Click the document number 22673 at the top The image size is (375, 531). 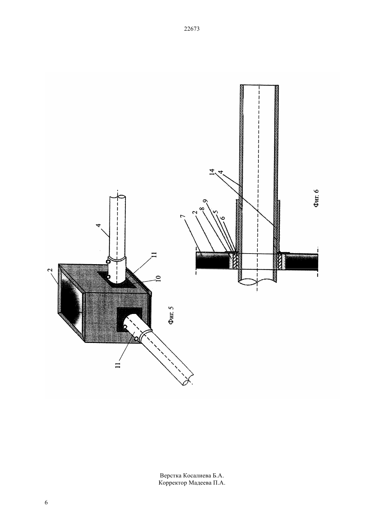coord(192,29)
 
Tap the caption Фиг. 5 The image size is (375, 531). coord(171,315)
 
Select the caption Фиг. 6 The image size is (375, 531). coord(316,198)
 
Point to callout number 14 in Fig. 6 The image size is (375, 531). coord(212,172)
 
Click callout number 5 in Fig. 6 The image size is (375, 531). coord(216,212)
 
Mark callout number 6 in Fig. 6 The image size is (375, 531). coord(222,218)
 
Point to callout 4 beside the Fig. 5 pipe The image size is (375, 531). coord(99,225)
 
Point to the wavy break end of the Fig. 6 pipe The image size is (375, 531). coord(258,282)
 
